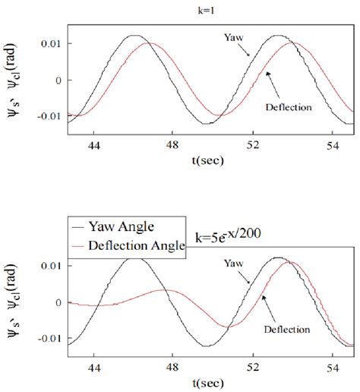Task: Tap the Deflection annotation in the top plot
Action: click(289, 107)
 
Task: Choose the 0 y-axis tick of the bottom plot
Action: click(59, 302)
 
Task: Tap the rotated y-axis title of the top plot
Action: click(17, 81)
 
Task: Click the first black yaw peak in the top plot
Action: click(134, 36)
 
